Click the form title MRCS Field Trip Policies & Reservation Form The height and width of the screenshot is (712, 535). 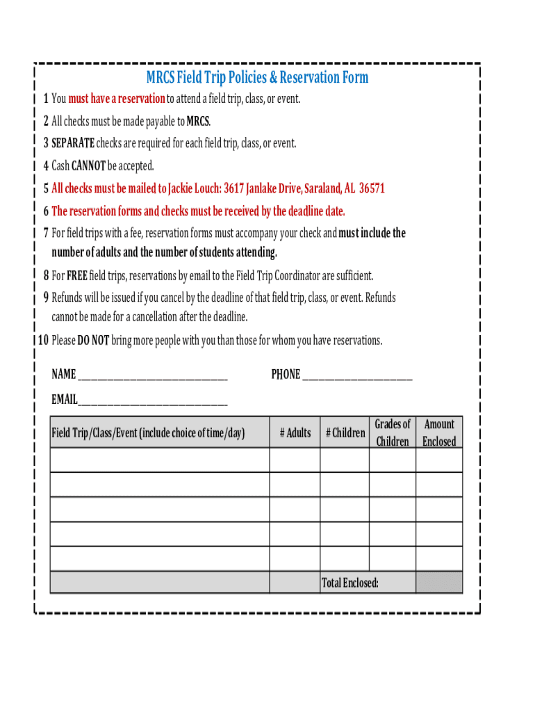[257, 77]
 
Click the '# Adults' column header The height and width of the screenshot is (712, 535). [295, 433]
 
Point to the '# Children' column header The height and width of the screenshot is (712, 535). [345, 433]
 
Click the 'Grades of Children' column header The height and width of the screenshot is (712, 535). [393, 432]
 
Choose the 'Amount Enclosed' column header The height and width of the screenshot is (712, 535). [439, 432]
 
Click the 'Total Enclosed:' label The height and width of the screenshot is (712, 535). [349, 583]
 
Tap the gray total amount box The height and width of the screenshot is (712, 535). [439, 583]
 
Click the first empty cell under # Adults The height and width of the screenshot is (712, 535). [295, 460]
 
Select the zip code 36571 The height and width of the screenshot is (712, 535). [372, 188]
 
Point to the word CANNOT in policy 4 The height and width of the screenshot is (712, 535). [88, 166]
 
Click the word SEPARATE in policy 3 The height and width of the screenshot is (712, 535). [73, 144]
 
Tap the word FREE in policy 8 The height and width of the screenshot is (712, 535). [77, 276]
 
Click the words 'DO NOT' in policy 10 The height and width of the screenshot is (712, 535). [93, 341]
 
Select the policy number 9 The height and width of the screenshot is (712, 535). [46, 298]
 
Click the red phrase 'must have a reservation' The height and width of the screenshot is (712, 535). [117, 99]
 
